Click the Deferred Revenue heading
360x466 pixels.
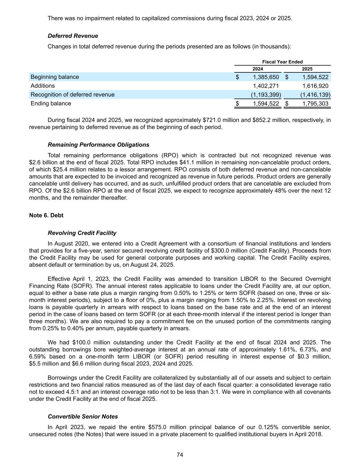[x=73, y=36]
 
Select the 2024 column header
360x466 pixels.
[x=258, y=69]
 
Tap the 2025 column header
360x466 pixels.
[x=307, y=69]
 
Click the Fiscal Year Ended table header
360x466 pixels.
[x=282, y=62]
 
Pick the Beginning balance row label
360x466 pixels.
[x=55, y=77]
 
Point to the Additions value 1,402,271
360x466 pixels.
[x=266, y=86]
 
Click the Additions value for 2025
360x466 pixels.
[x=315, y=86]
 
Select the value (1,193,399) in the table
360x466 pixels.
[x=266, y=95]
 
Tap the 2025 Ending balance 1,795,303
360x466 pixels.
[x=315, y=103]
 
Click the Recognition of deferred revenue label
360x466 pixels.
[x=72, y=95]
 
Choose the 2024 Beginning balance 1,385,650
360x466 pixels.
[x=266, y=77]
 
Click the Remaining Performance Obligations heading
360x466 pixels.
[x=98, y=145]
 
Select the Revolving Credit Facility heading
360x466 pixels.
[x=82, y=233]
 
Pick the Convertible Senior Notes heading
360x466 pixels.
[x=83, y=417]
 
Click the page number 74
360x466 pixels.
[x=180, y=455]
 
